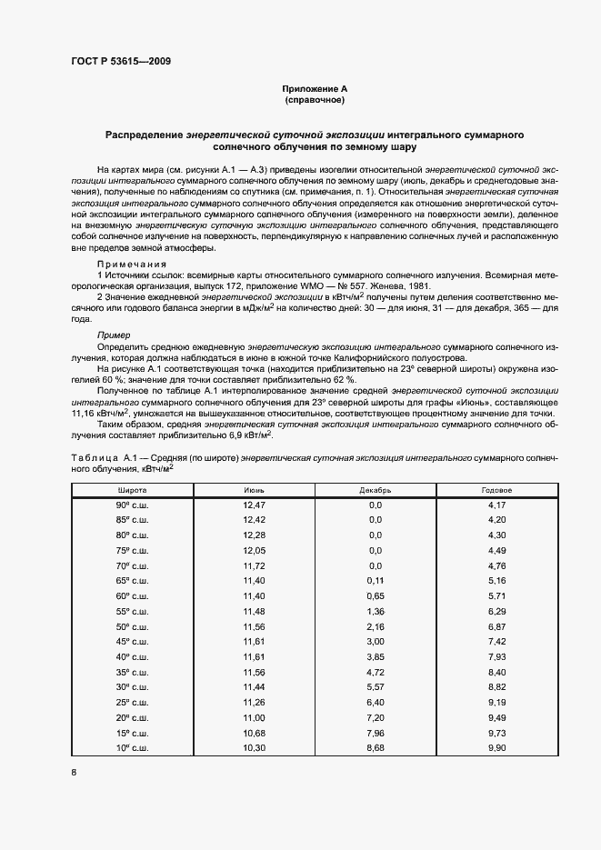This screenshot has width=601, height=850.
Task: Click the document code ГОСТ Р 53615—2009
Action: (120, 62)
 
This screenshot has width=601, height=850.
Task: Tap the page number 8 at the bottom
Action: (74, 773)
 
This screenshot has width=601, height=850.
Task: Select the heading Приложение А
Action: (315, 89)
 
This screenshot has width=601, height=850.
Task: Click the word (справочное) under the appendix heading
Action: (315, 100)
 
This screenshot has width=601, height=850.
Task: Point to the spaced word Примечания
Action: (130, 263)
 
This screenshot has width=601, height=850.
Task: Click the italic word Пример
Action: (114, 335)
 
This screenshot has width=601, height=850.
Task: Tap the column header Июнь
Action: (254, 489)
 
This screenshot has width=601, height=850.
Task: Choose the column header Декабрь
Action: (376, 489)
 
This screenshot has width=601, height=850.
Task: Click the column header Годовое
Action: (496, 489)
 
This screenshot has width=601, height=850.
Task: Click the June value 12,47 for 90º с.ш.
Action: (254, 504)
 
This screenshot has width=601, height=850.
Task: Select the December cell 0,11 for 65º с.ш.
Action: (376, 580)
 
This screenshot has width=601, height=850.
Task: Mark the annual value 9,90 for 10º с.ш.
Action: (496, 746)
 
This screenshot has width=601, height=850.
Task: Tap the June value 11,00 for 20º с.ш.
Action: (254, 716)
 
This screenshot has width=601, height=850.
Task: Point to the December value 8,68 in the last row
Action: (376, 746)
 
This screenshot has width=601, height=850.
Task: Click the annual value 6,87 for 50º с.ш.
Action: (496, 625)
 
